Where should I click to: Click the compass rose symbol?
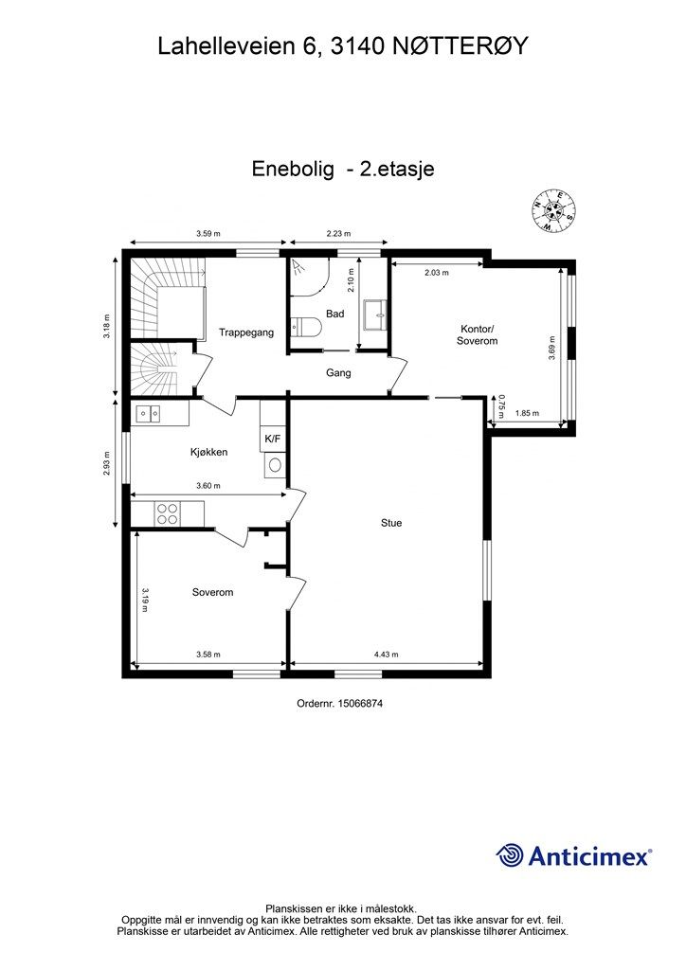[x=553, y=211]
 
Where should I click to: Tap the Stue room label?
[x=390, y=522]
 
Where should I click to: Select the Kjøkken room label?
[x=208, y=453]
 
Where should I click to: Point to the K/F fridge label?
[x=272, y=439]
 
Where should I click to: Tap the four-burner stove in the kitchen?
[x=168, y=513]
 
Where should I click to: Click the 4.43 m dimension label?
[x=386, y=655]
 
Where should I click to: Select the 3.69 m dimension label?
[x=551, y=348]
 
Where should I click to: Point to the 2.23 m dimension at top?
[x=338, y=233]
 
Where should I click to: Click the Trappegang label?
[x=246, y=332]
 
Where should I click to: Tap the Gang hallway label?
[x=338, y=373]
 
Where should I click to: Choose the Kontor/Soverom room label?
[x=477, y=334]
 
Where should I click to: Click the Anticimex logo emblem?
[x=511, y=855]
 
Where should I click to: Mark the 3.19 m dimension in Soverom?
[x=145, y=600]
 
